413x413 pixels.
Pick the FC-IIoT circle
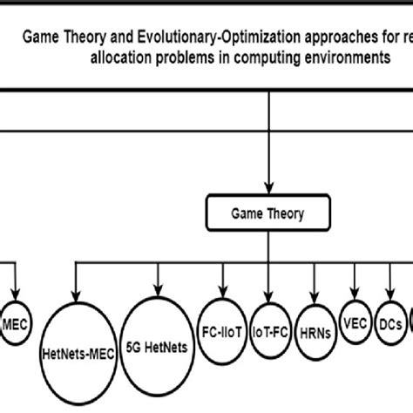coord(222,322)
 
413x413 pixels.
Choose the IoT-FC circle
coord(270,322)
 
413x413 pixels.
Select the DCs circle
coord(390,319)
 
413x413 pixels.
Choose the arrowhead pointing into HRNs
coord(315,296)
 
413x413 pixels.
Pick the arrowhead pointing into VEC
coord(355,292)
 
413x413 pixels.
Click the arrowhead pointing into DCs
coord(389,292)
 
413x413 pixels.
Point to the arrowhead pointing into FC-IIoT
coord(223,292)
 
